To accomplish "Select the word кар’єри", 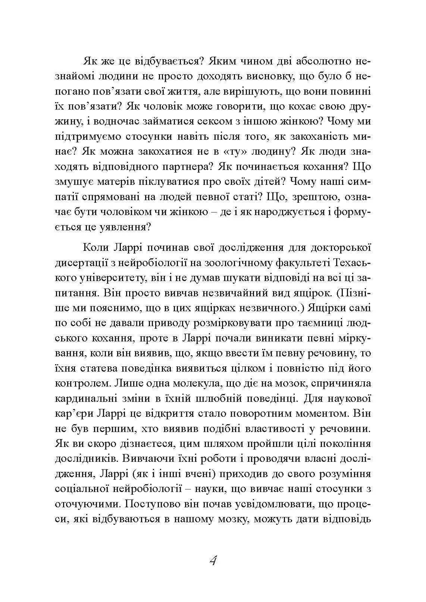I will [73, 414].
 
